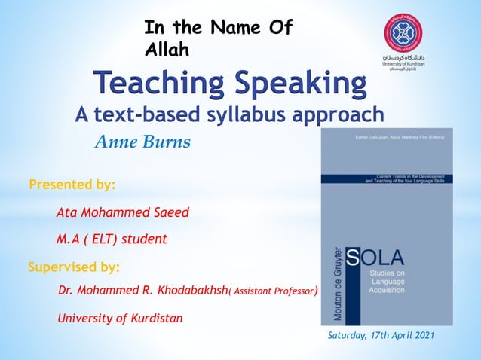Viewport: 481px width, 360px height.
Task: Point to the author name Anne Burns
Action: coord(142,142)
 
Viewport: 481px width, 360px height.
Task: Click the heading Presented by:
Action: coord(72,183)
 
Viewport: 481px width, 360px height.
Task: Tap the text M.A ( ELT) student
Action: coord(112,239)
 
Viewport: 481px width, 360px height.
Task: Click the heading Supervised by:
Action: coord(74,267)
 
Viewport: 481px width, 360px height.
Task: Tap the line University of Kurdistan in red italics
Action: coord(121,318)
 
